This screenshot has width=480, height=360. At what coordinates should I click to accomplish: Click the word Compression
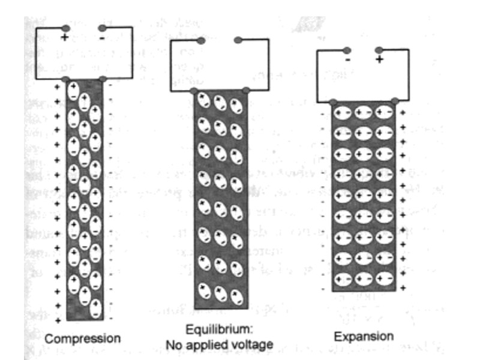(x=82, y=338)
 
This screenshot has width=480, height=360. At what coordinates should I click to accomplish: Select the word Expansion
(x=364, y=336)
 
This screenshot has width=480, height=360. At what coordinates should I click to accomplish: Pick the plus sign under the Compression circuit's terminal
(x=64, y=38)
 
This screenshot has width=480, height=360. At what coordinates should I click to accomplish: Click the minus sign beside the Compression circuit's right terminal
(x=103, y=38)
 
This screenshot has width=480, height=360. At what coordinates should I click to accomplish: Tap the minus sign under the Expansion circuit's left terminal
(x=347, y=60)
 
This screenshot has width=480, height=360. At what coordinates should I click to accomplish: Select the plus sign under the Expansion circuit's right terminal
(x=379, y=60)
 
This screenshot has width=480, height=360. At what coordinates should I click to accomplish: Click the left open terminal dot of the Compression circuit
(x=65, y=28)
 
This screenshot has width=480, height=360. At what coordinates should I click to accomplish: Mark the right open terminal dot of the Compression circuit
(x=102, y=28)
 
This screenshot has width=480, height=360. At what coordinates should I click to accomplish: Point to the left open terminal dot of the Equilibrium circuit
(x=200, y=41)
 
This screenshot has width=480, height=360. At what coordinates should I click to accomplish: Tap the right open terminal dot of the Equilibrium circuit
(x=238, y=41)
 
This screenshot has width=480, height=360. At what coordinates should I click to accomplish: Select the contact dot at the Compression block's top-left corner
(x=66, y=79)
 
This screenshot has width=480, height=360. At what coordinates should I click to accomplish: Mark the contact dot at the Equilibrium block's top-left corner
(x=194, y=91)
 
